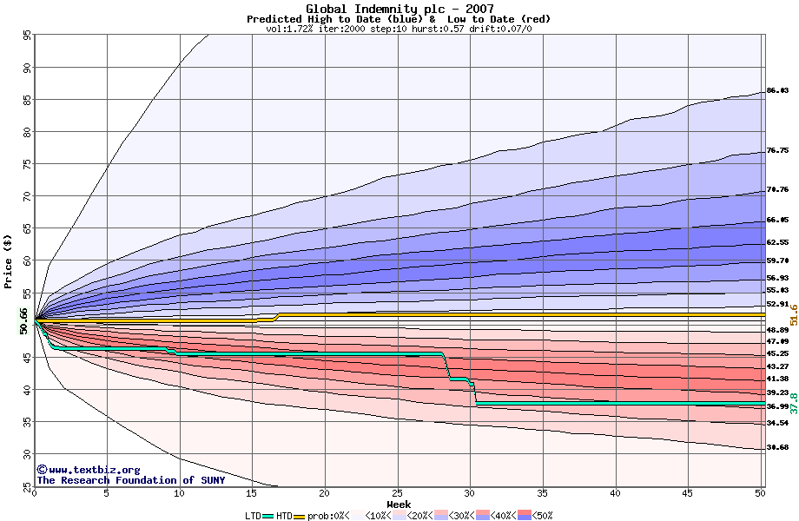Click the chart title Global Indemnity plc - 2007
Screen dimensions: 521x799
pos(399,9)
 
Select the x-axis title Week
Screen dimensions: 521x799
pos(399,504)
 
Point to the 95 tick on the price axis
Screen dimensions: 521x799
pos(27,36)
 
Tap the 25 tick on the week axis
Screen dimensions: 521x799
pos(397,493)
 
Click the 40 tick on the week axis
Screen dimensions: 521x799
pos(615,493)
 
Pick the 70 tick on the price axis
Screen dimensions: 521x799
pos(27,197)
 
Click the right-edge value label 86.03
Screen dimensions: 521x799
pos(777,91)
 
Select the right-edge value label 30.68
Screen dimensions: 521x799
pos(777,448)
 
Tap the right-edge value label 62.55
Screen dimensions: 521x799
pos(777,243)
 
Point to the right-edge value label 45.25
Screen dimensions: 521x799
pos(777,354)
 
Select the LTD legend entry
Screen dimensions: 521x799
pos(253,516)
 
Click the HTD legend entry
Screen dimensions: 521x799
pos(284,516)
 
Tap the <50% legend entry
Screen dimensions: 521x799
pos(541,516)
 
